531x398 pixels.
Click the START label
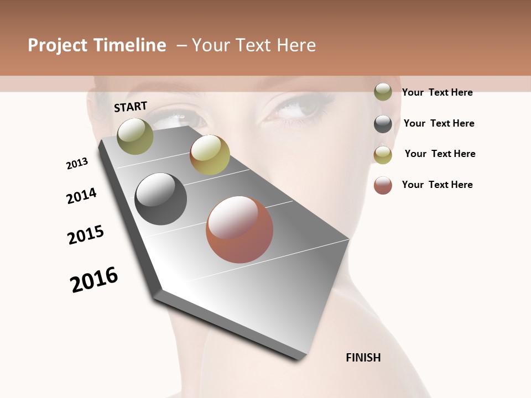[x=131, y=107]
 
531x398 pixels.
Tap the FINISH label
[x=363, y=358]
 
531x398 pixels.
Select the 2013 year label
[x=77, y=164]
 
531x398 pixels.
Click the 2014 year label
[x=81, y=196]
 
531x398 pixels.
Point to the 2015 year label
[x=86, y=235]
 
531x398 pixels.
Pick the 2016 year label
[x=94, y=280]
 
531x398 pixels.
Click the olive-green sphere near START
[x=136, y=136]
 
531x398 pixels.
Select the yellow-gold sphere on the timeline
[x=210, y=155]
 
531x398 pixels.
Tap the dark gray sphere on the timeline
[x=161, y=199]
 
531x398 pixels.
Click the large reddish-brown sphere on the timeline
[x=240, y=229]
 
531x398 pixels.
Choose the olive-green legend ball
[x=383, y=92]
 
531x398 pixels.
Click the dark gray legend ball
[x=383, y=124]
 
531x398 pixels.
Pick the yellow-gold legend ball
[x=383, y=155]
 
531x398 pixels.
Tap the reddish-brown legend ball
[x=383, y=185]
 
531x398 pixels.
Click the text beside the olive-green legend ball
[x=437, y=92]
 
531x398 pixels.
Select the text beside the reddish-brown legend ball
[x=437, y=185]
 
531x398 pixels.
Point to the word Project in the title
[x=58, y=45]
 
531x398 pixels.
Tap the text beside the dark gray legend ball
[x=439, y=123]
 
